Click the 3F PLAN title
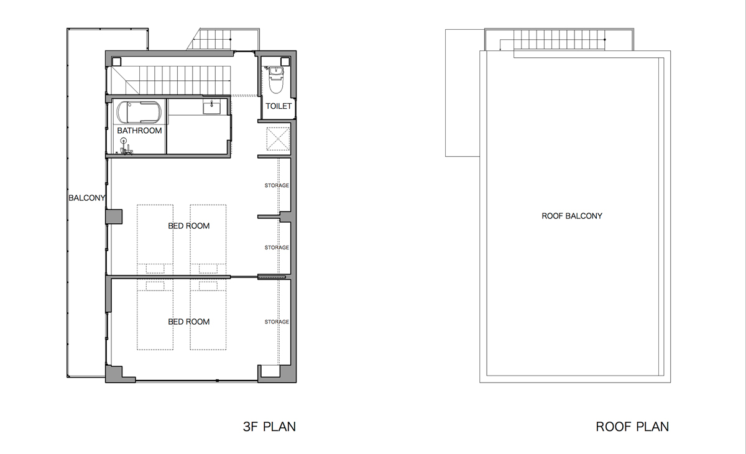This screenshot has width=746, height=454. [269, 427]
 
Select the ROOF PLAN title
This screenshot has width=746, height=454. [632, 427]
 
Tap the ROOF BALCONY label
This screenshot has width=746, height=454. [572, 216]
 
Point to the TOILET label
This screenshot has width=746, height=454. [279, 106]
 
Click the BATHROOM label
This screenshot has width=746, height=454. [139, 131]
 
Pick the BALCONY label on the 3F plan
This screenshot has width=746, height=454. [86, 198]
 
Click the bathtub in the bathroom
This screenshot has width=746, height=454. [139, 112]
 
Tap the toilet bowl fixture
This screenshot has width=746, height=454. [276, 80]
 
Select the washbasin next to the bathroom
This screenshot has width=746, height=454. [211, 107]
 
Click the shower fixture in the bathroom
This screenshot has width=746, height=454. [125, 147]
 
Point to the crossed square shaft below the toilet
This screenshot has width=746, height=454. [278, 139]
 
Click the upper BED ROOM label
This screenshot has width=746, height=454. [189, 226]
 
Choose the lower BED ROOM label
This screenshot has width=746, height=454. [189, 322]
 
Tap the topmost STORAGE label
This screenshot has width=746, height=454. [277, 185]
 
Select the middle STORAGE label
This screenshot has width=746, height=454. [277, 248]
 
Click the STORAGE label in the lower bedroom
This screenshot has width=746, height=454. [277, 322]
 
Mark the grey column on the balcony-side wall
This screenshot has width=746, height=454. [114, 216]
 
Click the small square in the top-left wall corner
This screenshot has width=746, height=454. [116, 62]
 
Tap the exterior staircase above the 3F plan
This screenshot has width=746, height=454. [223, 39]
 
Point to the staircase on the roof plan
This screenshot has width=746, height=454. [559, 40]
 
